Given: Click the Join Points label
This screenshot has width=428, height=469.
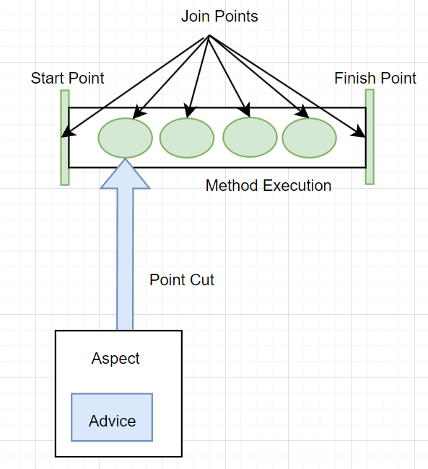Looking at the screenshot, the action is point(219,16).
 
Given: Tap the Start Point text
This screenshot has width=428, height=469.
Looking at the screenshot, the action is point(67,78).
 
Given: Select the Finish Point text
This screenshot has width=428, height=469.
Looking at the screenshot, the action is point(375,78).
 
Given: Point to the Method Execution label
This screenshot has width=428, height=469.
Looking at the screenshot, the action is point(268,185).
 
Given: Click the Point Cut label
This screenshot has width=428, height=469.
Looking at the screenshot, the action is point(182,280).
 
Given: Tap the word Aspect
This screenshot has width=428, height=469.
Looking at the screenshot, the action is point(115,359).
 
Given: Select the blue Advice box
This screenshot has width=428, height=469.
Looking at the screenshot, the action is point(112,417).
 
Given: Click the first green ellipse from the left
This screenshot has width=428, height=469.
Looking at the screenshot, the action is point(126,138).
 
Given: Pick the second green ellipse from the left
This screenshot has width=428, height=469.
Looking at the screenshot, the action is point(187,138).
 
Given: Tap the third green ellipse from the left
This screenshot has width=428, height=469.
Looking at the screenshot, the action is point(250,138).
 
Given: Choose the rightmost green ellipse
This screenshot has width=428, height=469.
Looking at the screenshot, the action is point(309,138).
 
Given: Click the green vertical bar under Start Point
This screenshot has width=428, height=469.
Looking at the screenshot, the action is point(65,138).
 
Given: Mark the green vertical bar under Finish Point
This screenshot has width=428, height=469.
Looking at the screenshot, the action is point(370,137).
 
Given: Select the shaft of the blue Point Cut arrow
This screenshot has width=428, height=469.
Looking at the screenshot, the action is point(125,259).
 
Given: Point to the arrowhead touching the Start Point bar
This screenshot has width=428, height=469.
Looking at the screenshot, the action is point(68,133).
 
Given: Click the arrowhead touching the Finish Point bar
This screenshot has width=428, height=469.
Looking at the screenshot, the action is point(359,132).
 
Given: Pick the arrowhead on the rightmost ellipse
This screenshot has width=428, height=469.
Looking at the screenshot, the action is point(303,112).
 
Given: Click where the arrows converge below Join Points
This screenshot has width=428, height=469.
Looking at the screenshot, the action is point(209,35).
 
